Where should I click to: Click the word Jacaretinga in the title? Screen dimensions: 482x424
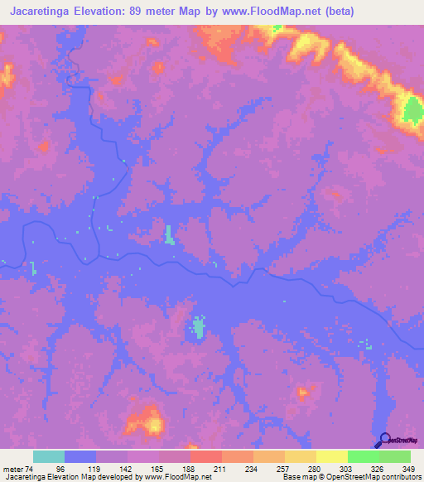pos(39,12)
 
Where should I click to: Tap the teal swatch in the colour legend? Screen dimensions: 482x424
pos(49,456)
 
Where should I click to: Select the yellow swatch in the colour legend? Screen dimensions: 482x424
pos(332,456)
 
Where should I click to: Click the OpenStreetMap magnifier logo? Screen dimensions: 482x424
pos(383,440)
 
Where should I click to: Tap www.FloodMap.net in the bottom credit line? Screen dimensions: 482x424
pos(176,478)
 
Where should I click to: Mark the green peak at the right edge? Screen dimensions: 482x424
pos(412,111)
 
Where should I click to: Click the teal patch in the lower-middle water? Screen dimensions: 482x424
pos(199,327)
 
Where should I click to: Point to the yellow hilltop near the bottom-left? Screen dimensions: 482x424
pos(153,425)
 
